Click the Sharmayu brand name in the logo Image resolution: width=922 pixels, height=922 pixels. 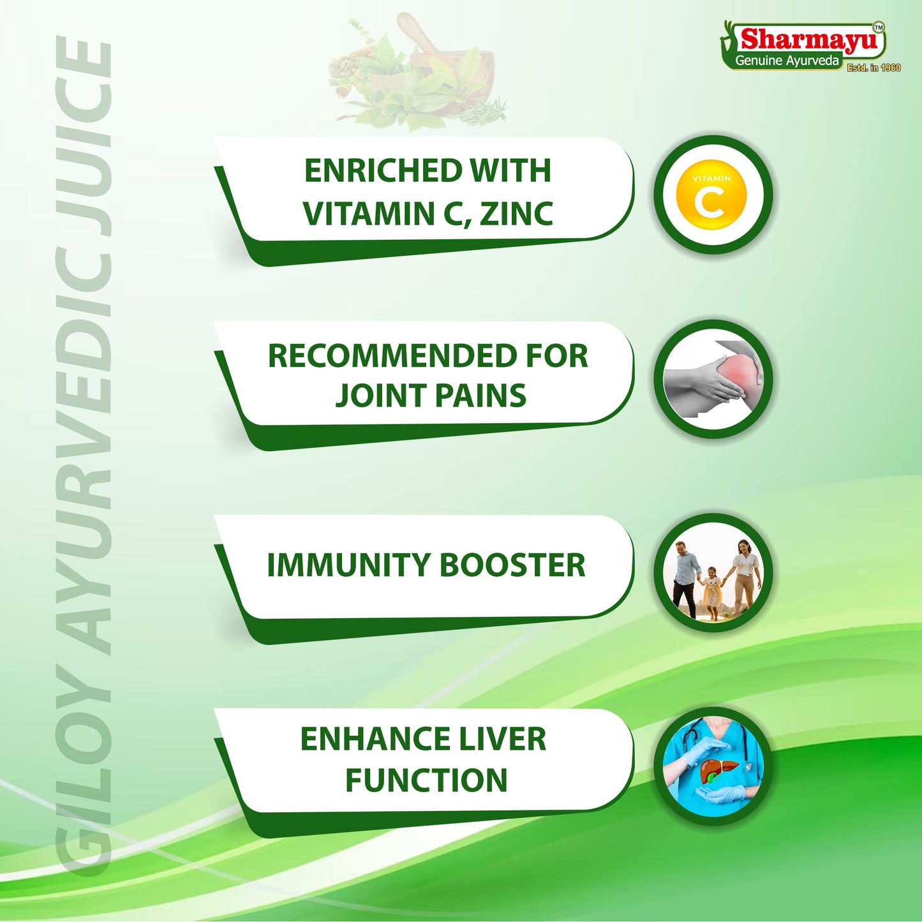pos(810,39)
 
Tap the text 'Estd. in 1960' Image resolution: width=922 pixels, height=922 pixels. pos(874,68)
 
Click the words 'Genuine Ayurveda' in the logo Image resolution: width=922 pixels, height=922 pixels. pos(787,61)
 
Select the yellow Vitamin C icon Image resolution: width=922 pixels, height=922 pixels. pos(711,195)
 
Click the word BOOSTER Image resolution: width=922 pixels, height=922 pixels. pos(512,565)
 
